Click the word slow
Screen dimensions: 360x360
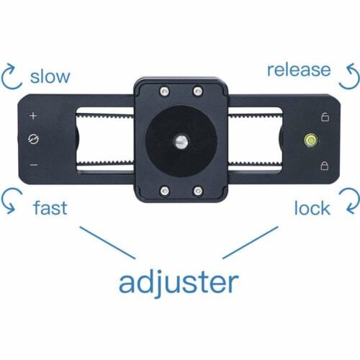(x=50, y=76)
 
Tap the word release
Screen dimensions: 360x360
(x=299, y=70)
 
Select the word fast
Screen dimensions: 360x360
(x=50, y=207)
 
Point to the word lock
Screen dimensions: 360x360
(x=312, y=207)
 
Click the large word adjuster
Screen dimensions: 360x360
(x=179, y=283)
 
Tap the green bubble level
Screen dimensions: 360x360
(x=311, y=140)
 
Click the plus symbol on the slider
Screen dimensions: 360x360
(x=33, y=116)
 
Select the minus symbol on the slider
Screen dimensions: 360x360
(x=34, y=165)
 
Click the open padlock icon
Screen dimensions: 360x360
(x=325, y=117)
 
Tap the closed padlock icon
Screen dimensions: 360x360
(x=325, y=166)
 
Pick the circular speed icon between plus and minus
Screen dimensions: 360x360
(x=33, y=139)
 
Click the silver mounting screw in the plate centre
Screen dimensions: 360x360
(x=181, y=142)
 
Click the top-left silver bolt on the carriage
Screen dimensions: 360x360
(x=165, y=91)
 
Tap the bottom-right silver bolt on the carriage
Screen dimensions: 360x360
(x=198, y=191)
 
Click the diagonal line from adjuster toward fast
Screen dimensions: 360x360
(x=107, y=243)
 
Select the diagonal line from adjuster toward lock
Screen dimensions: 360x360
(x=251, y=243)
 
